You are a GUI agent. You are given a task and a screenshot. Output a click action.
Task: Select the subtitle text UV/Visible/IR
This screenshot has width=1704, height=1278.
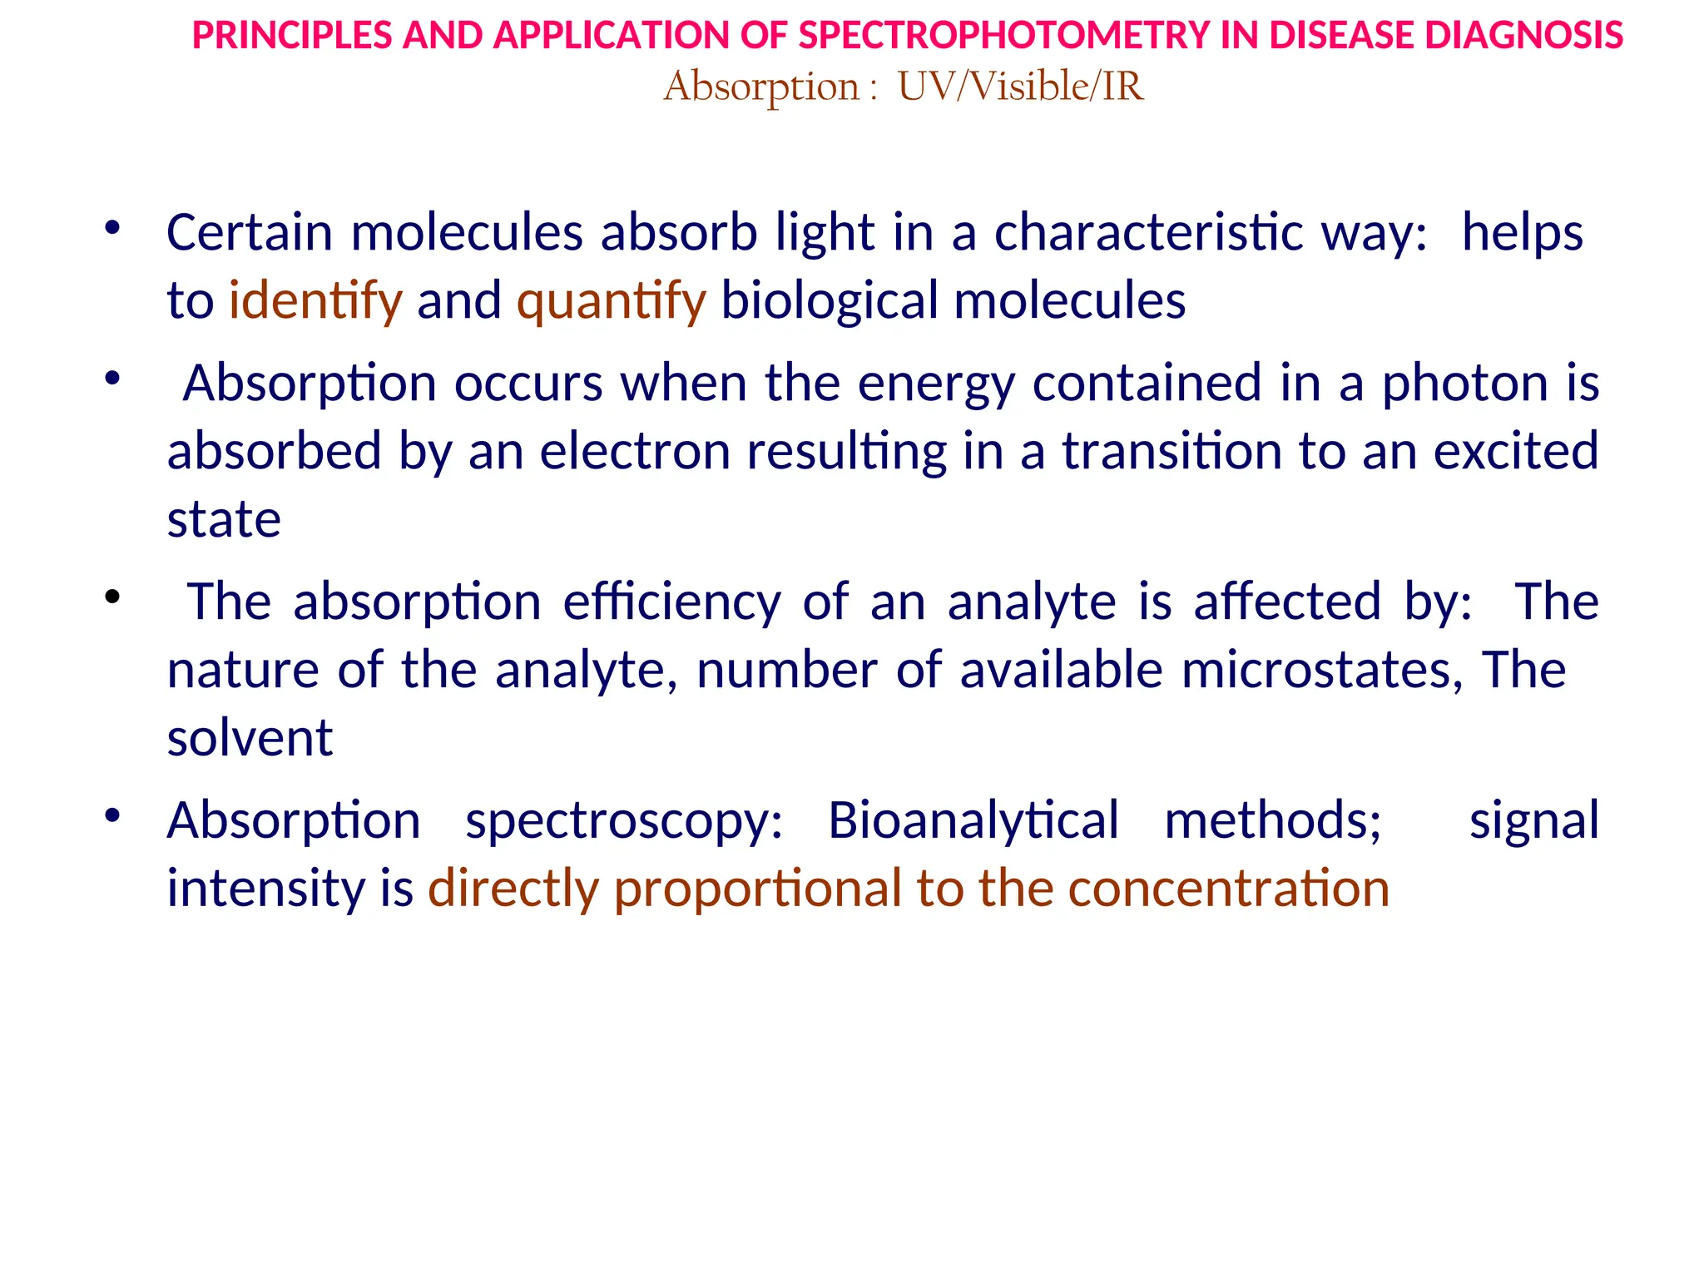click(1021, 87)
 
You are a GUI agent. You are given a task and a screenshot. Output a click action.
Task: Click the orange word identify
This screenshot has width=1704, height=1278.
click(315, 300)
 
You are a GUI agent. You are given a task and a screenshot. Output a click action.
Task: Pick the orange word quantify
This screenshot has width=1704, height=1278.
click(611, 300)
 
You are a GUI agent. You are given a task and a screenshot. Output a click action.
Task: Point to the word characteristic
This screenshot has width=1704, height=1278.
click(1149, 232)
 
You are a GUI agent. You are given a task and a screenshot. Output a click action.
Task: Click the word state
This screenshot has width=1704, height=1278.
click(224, 520)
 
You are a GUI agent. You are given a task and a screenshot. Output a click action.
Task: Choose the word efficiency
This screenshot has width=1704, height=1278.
click(672, 602)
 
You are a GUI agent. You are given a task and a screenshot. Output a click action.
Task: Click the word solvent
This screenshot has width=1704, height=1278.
click(250, 738)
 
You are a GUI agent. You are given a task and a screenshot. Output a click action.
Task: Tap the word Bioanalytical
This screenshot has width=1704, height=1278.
click(973, 820)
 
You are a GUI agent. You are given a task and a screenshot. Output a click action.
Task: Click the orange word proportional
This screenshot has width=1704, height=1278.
click(757, 889)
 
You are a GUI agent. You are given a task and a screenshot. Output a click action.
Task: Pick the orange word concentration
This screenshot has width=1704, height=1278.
click(1229, 889)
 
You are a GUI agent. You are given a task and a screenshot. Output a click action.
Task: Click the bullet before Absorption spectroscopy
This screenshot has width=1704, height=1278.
click(112, 815)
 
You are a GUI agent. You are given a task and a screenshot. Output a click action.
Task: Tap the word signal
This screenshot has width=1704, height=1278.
click(1533, 820)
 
